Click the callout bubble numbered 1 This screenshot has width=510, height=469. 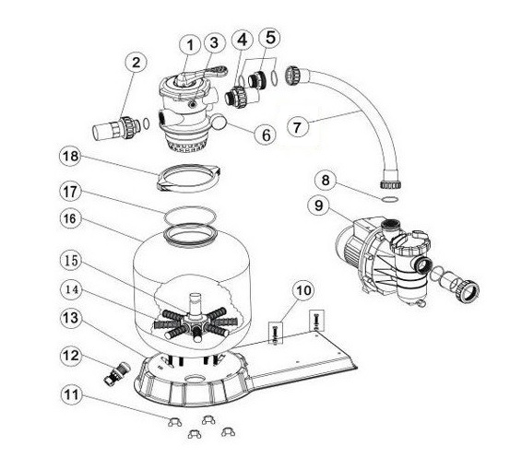coord(190,45)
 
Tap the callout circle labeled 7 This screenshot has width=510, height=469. coord(298,127)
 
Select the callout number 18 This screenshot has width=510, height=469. coord(71,156)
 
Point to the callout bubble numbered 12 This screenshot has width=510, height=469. coord(71,356)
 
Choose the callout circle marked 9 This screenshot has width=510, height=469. coord(319,205)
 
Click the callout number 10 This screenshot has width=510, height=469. coord(304,290)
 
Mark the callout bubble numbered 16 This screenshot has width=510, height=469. coord(71,218)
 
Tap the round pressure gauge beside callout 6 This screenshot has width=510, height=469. coord(219,123)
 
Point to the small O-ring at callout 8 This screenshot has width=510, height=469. coord(389,200)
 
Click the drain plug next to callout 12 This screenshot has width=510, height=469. coord(117,373)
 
